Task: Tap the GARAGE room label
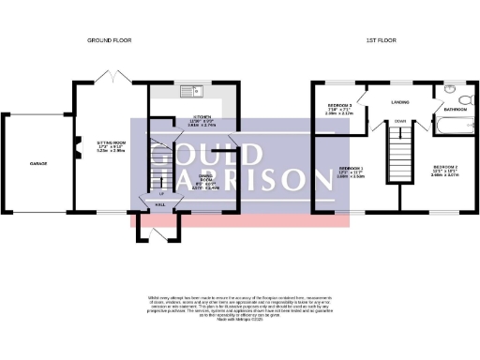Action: point(37,163)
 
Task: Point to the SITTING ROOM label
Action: point(111,146)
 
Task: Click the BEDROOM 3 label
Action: point(339,108)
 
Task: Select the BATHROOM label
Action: point(457,110)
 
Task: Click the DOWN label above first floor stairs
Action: point(400,121)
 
